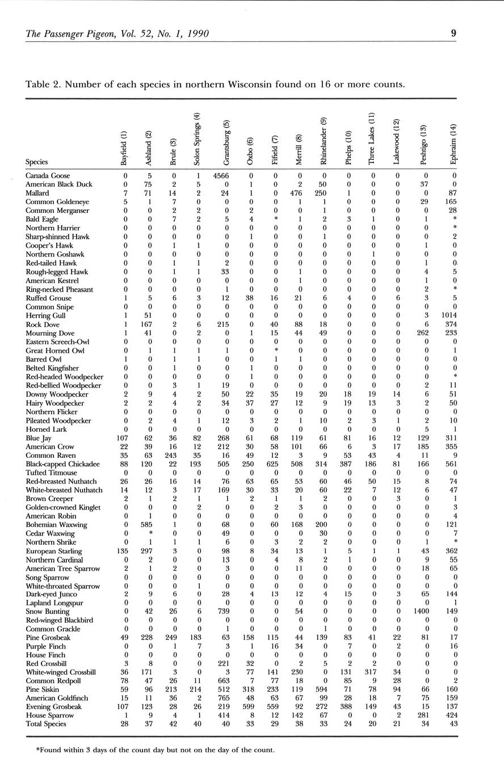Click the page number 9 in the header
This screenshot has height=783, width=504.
453,33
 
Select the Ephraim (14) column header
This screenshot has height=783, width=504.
453,145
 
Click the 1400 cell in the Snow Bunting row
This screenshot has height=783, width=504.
421,612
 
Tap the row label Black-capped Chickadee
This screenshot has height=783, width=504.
63,464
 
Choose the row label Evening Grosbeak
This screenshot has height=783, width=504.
54,707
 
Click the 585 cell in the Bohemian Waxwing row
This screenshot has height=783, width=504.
146,525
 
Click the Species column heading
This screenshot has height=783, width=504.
37,162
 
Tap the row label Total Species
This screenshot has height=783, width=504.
47,725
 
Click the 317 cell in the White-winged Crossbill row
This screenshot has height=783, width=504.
372,672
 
